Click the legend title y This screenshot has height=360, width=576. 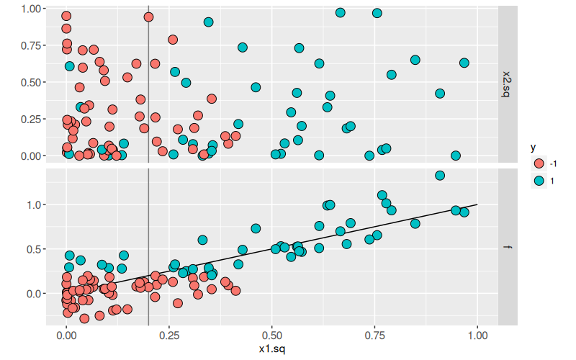click(533, 148)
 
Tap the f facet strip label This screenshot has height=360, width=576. click(508, 248)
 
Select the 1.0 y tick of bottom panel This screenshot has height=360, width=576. click(35, 204)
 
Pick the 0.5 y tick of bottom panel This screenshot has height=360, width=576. click(35, 249)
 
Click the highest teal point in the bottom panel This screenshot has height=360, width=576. click(440, 175)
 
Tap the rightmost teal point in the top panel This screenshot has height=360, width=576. click(464, 63)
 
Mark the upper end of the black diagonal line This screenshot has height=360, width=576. click(477, 204)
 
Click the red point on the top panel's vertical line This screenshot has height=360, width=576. click(148, 17)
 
